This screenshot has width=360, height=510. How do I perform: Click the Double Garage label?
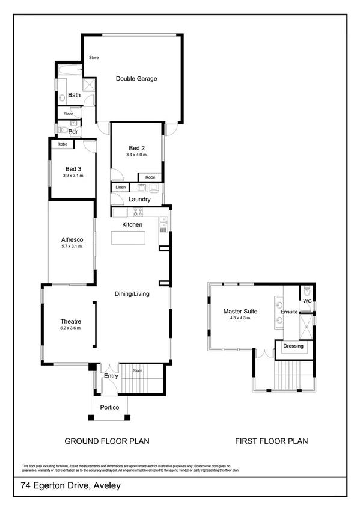coord(136,78)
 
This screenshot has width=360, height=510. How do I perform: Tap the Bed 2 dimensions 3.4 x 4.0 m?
coord(136,155)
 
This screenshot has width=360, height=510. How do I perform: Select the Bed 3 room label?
coord(73,169)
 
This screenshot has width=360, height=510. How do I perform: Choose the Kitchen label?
coord(132,224)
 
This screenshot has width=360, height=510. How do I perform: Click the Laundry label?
coord(139,199)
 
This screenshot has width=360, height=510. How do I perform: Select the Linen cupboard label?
coord(120,188)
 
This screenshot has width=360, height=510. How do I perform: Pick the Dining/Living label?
coord(132,294)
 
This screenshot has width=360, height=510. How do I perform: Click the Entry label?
coord(111,376)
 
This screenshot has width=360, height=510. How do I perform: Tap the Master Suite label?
coord(240,312)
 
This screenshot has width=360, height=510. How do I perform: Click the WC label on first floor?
coord(307,300)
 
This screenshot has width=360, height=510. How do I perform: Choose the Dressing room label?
coord(293,346)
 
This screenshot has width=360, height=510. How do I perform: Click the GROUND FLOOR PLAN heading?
coord(107,441)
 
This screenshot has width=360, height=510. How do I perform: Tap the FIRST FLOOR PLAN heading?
coord(271,441)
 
